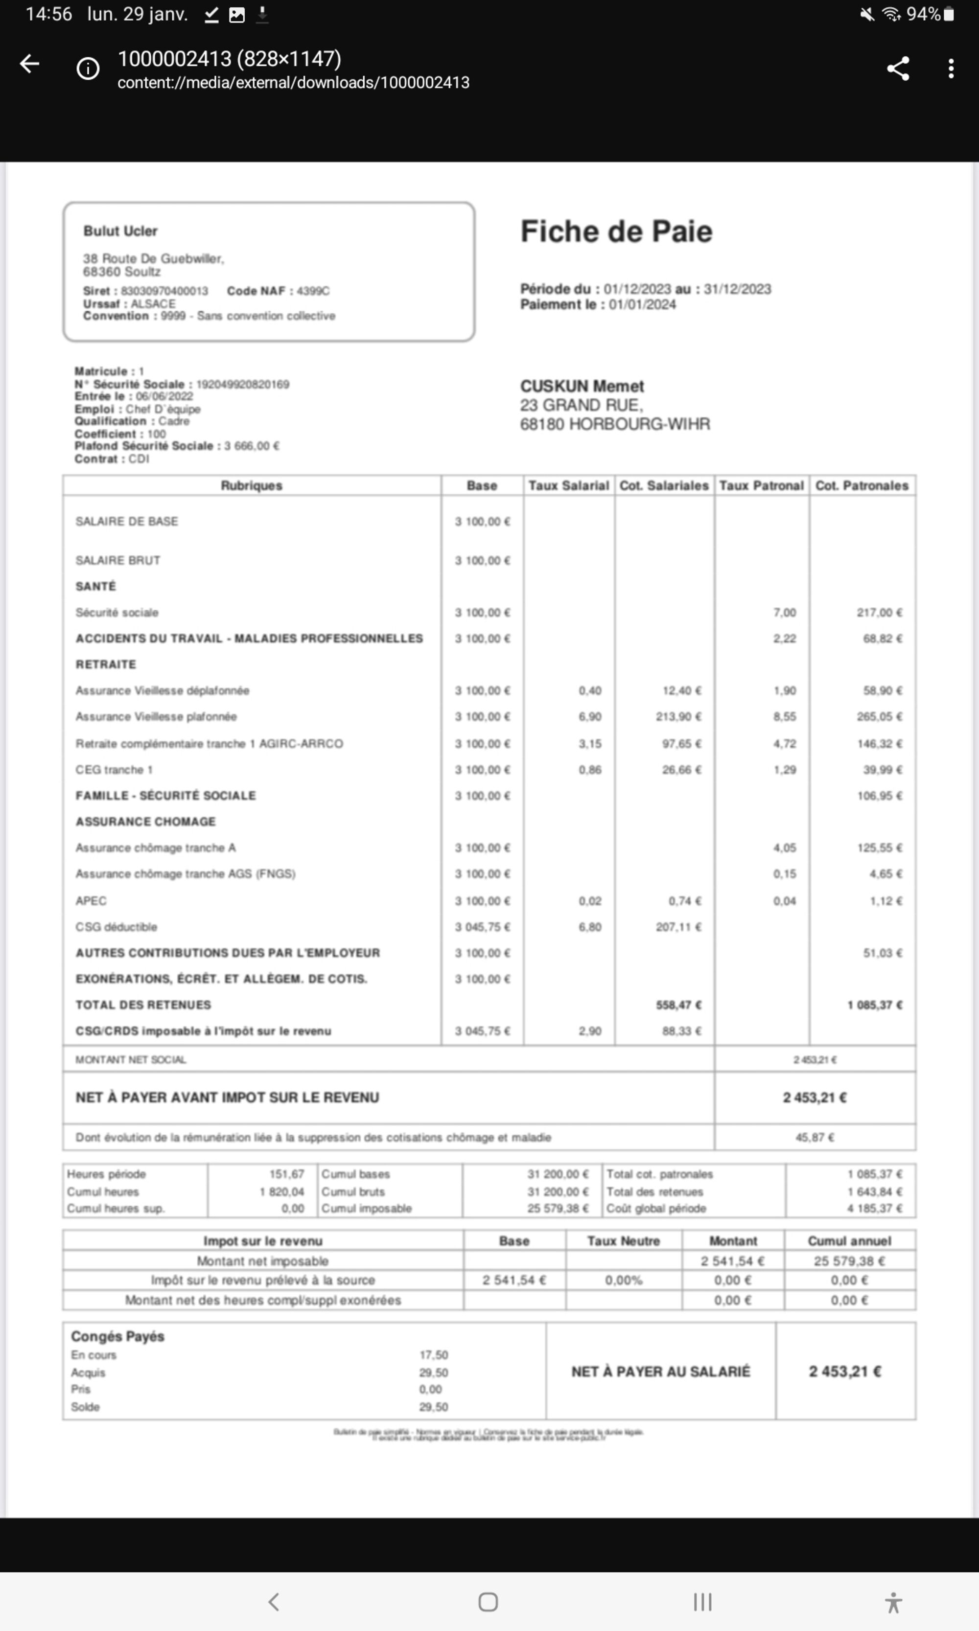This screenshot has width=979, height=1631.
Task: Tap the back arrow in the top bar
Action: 30,65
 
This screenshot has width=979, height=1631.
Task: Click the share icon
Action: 897,69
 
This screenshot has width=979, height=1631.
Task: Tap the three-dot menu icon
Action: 950,69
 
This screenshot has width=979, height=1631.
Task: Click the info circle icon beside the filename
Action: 88,69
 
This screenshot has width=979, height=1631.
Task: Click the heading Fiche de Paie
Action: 616,231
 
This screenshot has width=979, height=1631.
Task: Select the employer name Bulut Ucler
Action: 120,231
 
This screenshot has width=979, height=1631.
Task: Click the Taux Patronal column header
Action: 761,485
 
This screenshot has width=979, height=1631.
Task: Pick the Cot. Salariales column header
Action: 664,485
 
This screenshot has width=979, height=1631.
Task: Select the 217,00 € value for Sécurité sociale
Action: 879,613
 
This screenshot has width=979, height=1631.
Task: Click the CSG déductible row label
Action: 116,927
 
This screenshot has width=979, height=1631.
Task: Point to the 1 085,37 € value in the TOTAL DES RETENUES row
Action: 875,1005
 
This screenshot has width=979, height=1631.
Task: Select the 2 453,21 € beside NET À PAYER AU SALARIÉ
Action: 845,1371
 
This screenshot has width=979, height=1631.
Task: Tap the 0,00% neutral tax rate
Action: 624,1280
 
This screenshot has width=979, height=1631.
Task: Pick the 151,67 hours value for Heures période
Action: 286,1174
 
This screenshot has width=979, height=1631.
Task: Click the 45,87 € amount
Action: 815,1137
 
